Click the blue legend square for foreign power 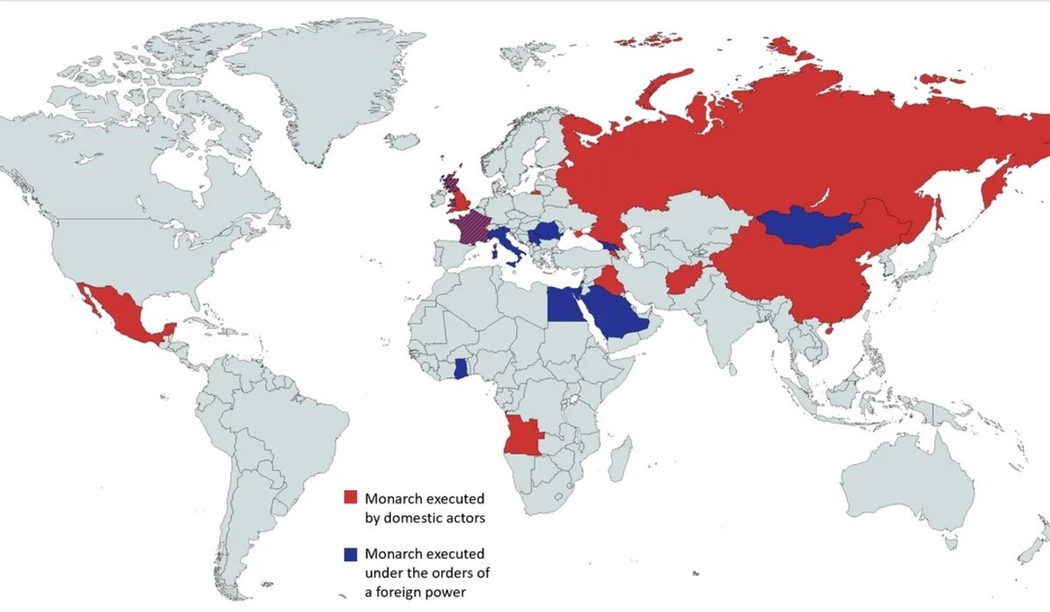[x=350, y=554]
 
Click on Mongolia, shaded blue [x=809, y=226]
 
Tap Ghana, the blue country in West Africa [x=461, y=368]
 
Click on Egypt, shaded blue [x=566, y=306]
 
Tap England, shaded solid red [x=461, y=200]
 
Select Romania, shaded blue [x=545, y=233]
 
